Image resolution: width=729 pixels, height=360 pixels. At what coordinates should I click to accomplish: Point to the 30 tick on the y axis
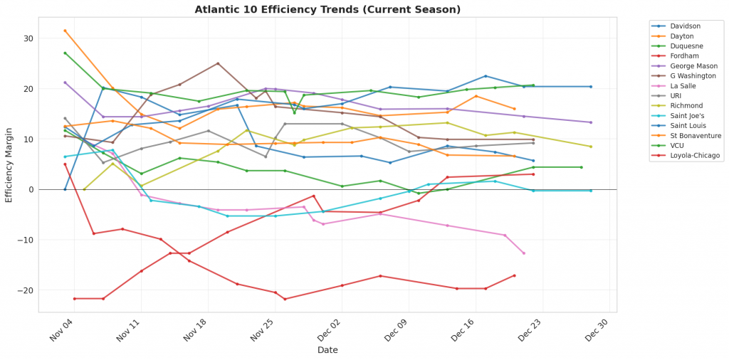click(29, 38)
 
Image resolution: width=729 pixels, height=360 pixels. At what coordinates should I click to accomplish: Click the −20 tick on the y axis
click(26, 290)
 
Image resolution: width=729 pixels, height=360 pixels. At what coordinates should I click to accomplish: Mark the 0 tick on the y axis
click(32, 190)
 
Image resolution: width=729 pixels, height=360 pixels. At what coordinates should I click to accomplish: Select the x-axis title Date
click(327, 350)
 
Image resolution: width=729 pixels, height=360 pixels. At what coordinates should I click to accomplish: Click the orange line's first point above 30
click(65, 31)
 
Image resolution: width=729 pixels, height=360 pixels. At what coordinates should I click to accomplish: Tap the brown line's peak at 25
click(218, 63)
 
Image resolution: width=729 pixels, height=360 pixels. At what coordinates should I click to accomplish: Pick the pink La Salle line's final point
click(524, 253)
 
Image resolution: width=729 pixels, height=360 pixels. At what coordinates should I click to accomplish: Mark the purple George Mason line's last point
click(591, 122)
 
